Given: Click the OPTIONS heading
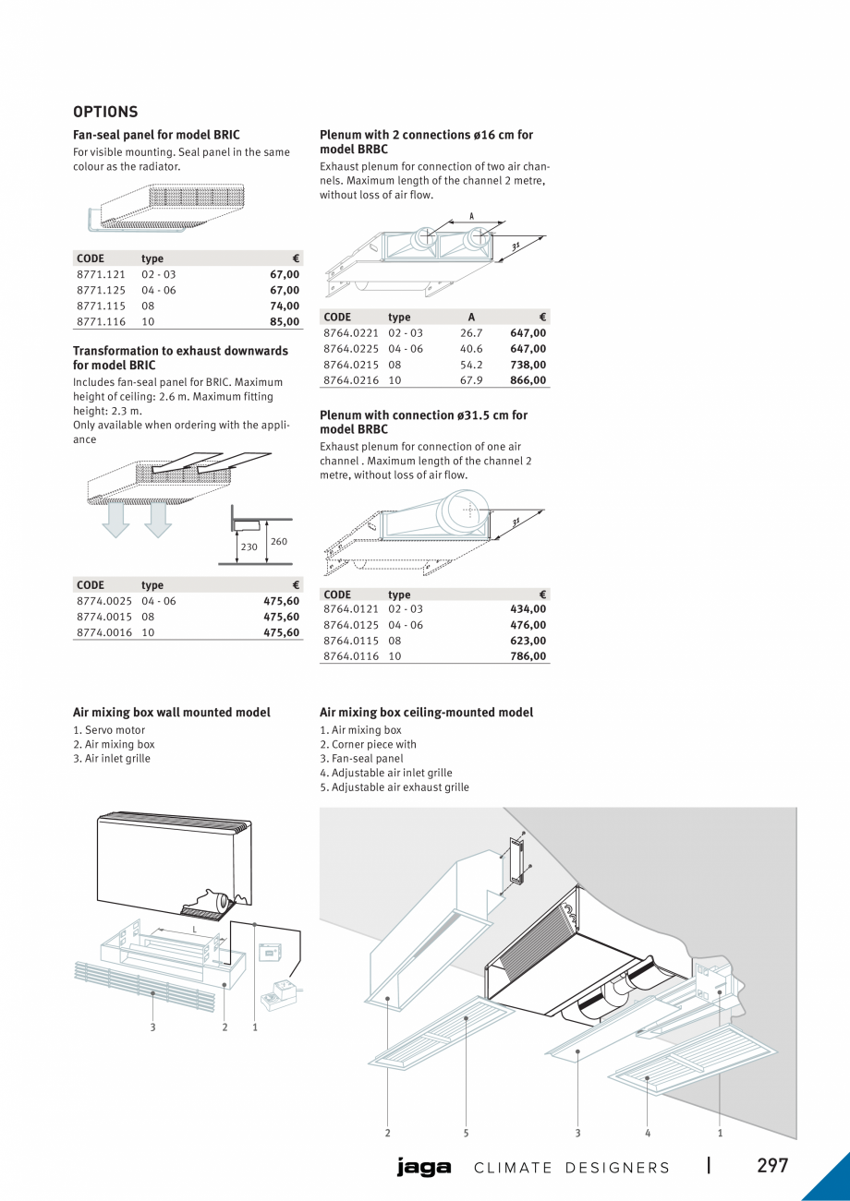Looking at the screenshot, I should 105,112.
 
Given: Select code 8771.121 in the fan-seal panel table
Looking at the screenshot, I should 100,274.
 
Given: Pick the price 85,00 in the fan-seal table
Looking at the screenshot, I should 285,321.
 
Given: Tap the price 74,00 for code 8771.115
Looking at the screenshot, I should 285,306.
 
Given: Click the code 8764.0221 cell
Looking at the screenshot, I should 351,332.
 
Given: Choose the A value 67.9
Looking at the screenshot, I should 471,379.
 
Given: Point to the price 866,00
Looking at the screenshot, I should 528,379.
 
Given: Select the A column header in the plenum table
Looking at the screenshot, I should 471,317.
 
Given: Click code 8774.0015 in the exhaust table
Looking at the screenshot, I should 104,617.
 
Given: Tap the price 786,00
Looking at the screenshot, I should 528,656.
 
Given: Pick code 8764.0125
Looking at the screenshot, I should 351,625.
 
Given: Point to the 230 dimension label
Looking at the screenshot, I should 249,546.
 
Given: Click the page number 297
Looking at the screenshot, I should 772,1165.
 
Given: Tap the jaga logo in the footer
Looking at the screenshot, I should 424,1168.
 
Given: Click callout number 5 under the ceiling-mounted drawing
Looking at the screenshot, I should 467,1133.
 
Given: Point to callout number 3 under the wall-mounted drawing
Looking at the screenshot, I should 153,1028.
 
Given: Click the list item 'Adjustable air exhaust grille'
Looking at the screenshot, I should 395,787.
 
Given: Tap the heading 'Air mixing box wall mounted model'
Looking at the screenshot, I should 172,713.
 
